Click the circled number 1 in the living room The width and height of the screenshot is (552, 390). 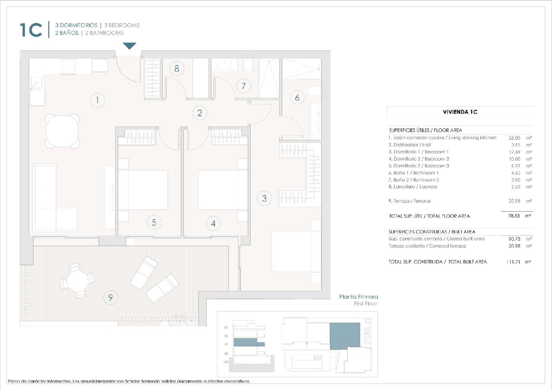click(x=97, y=100)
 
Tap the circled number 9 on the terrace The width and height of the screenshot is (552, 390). click(x=110, y=297)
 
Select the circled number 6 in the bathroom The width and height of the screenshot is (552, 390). click(x=297, y=97)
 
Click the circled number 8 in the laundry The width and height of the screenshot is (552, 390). click(x=177, y=69)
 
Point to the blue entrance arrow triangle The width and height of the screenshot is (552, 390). click(x=129, y=46)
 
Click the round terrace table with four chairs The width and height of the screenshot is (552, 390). click(x=77, y=281)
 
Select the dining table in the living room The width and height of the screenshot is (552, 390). click(x=63, y=131)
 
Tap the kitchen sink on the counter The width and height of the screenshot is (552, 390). click(x=36, y=83)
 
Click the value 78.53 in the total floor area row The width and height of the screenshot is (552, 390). click(x=514, y=216)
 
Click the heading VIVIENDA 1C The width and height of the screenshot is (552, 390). click(x=460, y=112)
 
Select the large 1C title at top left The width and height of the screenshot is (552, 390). click(x=31, y=30)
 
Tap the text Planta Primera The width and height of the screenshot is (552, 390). click(x=358, y=297)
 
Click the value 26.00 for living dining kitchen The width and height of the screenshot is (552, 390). click(x=514, y=138)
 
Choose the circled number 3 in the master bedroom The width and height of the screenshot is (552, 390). click(x=264, y=198)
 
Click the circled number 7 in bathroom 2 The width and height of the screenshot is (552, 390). click(x=243, y=86)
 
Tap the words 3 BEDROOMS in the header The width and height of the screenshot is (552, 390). click(x=122, y=25)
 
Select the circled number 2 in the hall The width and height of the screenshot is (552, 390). click(x=199, y=113)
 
